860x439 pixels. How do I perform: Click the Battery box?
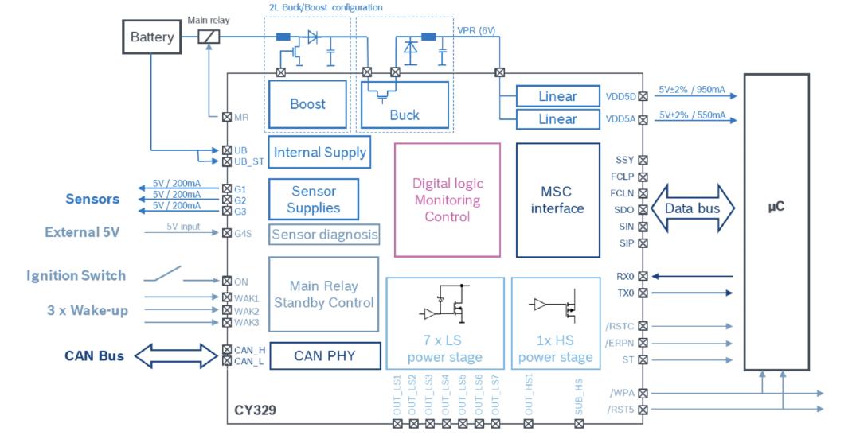(151, 37)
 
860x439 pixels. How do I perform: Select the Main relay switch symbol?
(209, 37)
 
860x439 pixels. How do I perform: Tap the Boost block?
(307, 104)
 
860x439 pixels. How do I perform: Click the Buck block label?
(405, 115)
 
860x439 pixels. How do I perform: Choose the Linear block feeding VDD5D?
(557, 96)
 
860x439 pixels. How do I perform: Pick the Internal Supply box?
(319, 153)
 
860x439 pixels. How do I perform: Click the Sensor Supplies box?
(313, 200)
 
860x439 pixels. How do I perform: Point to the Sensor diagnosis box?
(324, 235)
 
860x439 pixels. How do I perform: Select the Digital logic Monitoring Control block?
(448, 200)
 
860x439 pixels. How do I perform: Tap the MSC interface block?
(557, 200)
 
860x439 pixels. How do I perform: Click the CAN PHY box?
(325, 355)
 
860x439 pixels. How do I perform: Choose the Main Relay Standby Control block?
(323, 294)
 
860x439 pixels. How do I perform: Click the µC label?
(776, 207)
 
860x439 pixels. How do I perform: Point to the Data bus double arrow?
(693, 208)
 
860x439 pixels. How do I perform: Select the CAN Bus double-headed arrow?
(176, 355)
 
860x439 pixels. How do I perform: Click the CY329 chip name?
(255, 410)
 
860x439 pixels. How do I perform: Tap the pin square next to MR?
(226, 117)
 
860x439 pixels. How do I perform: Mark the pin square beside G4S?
(226, 233)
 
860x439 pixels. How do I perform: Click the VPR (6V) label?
(476, 31)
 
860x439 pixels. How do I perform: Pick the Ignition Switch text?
(76, 276)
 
